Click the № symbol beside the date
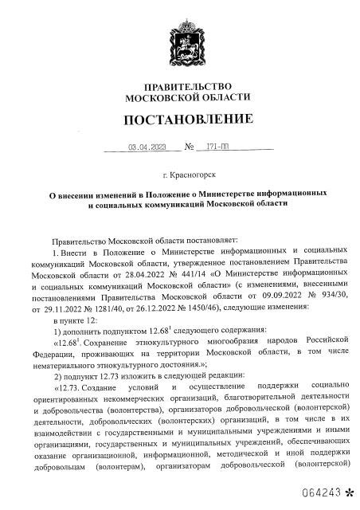click(x=190, y=147)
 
